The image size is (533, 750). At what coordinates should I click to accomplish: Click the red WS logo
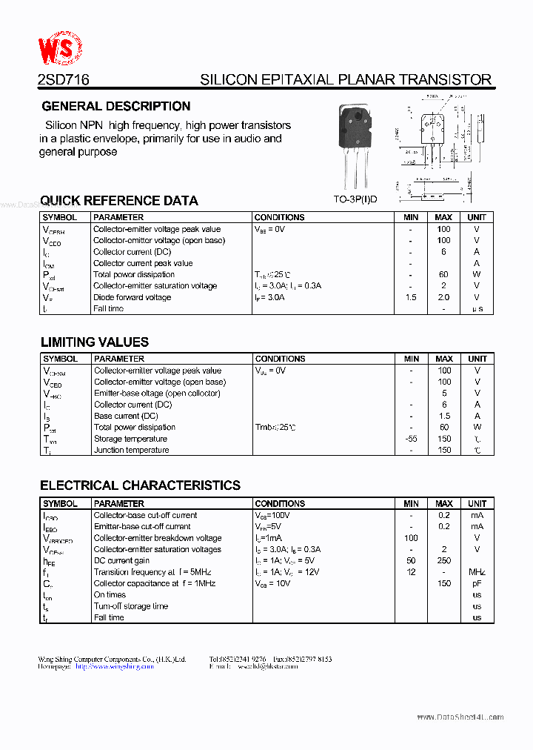(60, 50)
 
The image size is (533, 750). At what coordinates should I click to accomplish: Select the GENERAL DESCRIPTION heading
(116, 106)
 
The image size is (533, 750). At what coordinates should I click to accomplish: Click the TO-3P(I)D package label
(355, 199)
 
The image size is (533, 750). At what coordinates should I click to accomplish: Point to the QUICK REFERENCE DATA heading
(118, 200)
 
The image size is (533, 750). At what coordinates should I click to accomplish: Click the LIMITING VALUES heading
(94, 342)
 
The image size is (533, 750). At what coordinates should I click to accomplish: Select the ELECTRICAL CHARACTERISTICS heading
(140, 485)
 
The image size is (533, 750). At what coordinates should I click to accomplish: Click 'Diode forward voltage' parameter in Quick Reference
(132, 297)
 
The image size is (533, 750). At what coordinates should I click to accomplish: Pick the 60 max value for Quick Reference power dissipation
(443, 274)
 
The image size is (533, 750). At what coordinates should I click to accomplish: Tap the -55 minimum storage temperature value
(411, 439)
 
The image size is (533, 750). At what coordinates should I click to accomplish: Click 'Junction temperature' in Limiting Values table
(131, 450)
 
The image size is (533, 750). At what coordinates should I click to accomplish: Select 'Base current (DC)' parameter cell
(126, 416)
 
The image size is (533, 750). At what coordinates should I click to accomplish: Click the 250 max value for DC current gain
(443, 561)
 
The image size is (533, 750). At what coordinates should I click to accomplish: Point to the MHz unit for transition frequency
(477, 572)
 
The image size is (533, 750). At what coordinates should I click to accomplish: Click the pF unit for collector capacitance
(477, 583)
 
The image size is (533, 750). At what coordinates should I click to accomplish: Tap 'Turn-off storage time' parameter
(130, 606)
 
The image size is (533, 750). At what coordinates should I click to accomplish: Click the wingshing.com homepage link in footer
(115, 666)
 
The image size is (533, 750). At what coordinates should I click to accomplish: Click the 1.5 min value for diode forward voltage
(411, 297)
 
